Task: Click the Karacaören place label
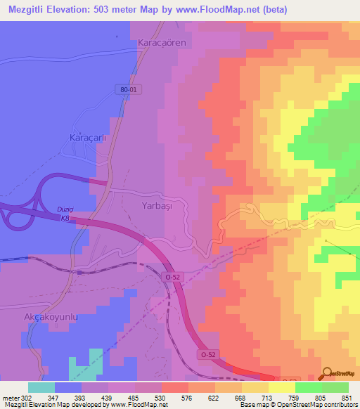point(165,43)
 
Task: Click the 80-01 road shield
point(127,90)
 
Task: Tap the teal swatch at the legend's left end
point(41,387)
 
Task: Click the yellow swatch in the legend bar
point(281,387)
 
